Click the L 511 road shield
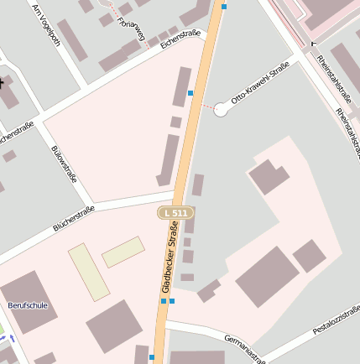click(176, 214)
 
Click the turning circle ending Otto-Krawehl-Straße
click(222, 107)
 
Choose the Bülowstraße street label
click(65, 164)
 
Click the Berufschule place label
click(24, 305)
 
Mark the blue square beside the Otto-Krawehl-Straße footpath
click(190, 92)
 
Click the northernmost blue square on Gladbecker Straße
click(224, 7)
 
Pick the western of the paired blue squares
click(162, 300)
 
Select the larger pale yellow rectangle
click(88, 272)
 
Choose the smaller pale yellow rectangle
click(123, 252)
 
